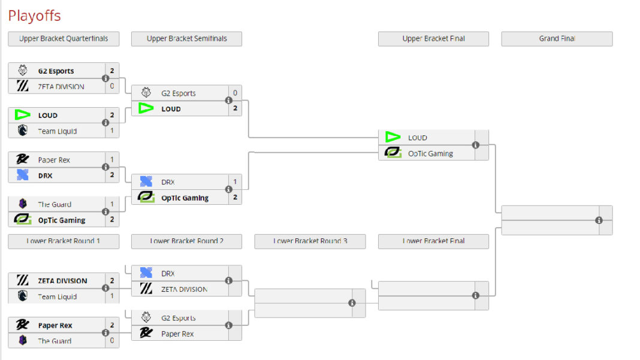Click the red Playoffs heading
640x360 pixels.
pyautogui.click(x=34, y=16)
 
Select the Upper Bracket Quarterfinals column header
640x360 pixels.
pyautogui.click(x=64, y=39)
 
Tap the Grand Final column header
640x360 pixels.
pyautogui.click(x=557, y=39)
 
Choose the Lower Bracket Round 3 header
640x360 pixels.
pyautogui.click(x=310, y=241)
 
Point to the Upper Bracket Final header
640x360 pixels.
pyautogui.click(x=433, y=39)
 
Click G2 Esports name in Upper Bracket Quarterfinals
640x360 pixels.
pyautogui.click(x=56, y=71)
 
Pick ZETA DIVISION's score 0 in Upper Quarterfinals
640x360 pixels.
pyautogui.click(x=112, y=86)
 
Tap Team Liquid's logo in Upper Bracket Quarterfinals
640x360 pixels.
pyautogui.click(x=23, y=131)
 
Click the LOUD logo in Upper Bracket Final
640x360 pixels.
pyautogui.click(x=393, y=137)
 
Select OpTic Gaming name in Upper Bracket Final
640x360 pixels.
pyautogui.click(x=430, y=153)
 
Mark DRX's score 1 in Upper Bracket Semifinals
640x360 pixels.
pyautogui.click(x=235, y=181)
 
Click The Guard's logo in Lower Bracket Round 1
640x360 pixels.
pyautogui.click(x=23, y=341)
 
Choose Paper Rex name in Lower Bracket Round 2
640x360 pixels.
pyautogui.click(x=177, y=334)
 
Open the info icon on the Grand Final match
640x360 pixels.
pyautogui.click(x=599, y=220)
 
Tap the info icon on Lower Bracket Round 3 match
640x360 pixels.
pyautogui.click(x=352, y=303)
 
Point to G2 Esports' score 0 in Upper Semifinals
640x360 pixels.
pyautogui.click(x=235, y=93)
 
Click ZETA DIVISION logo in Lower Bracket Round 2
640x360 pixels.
pyautogui.click(x=146, y=289)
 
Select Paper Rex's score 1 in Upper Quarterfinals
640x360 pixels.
pyautogui.click(x=112, y=160)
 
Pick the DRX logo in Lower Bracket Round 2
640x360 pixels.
pyautogui.click(x=146, y=273)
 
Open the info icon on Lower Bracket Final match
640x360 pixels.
pyautogui.click(x=475, y=295)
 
